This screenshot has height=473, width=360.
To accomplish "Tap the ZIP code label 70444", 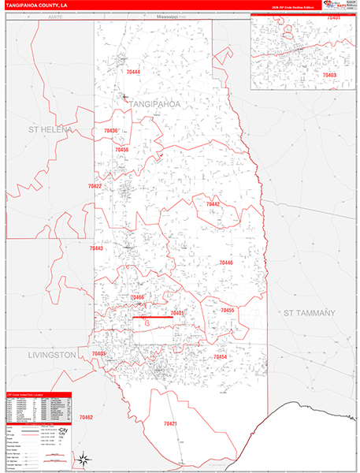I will coord(132,72).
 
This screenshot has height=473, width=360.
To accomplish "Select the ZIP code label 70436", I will coord(110,131).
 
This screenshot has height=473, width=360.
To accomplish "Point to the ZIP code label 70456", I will coord(121,149).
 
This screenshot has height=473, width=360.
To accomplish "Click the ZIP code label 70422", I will coord(95,186).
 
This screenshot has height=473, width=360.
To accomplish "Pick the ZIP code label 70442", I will coord(213,204).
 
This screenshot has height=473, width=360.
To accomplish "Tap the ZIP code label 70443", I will coord(96,248).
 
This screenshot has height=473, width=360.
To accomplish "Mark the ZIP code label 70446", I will coord(226,263).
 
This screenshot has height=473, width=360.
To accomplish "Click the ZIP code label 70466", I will coord(137,297).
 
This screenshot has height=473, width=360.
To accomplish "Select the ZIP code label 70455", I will coord(228,311).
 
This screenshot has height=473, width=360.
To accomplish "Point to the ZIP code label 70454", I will coord(220,357).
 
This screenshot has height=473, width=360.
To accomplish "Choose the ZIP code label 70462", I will coord(86,417).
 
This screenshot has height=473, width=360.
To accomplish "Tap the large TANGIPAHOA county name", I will coord(154,104).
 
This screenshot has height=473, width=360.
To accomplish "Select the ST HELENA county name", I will coord(50,129).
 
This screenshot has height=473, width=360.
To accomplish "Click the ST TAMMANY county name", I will coord(309,313).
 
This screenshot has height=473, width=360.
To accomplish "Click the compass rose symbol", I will coord(81,460).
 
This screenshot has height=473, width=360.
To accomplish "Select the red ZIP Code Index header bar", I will coord(37,394).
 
